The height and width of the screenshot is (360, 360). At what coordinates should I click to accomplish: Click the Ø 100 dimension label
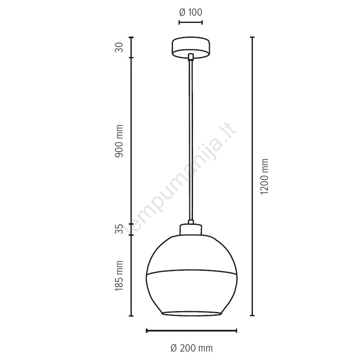tap(190, 12)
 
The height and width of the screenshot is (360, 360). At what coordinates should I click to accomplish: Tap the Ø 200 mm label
tap(192, 348)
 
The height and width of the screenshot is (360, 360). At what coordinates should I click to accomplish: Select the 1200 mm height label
tap(265, 176)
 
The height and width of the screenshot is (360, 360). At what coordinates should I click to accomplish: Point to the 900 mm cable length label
tap(119, 141)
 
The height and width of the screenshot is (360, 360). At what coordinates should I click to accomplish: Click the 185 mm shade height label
tap(119, 276)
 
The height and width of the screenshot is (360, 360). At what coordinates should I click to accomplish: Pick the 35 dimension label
tap(119, 229)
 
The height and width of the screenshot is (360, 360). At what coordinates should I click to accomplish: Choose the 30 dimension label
tap(119, 47)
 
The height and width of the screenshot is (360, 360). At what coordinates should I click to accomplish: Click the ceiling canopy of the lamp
tap(191, 48)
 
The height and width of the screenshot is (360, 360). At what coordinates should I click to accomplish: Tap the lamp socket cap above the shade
tap(191, 230)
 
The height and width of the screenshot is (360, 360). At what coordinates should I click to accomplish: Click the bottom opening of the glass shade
tap(192, 314)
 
